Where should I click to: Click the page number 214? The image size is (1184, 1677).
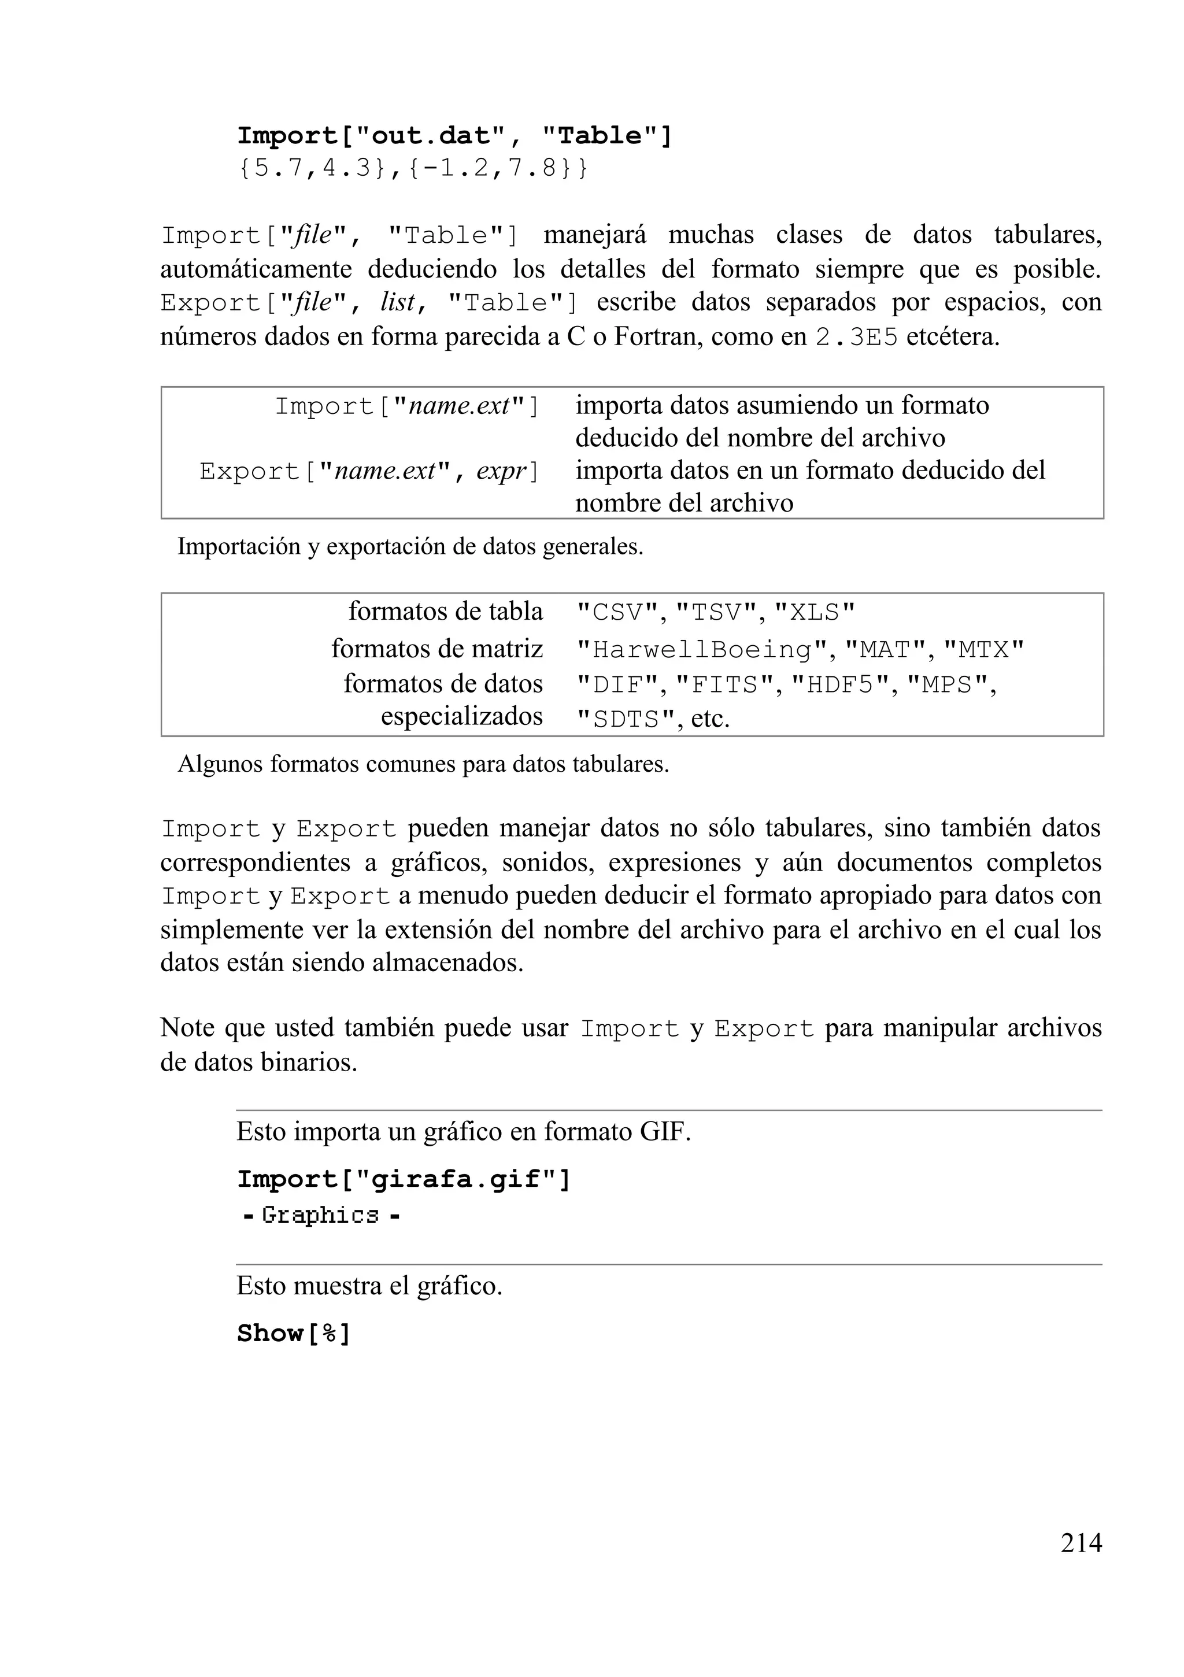pos(1081,1543)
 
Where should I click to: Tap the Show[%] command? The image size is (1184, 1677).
pos(294,1334)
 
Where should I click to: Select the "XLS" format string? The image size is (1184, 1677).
pos(813,612)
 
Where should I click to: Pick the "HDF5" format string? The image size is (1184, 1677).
pos(841,685)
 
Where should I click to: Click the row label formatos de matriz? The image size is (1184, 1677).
pos(437,649)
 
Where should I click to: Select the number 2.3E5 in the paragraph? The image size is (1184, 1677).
pos(856,338)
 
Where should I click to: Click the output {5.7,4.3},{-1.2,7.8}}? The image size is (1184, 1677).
pos(413,169)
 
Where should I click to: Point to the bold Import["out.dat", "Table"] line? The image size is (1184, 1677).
pos(454,136)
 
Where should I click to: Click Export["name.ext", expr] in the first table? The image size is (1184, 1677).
pos(369,471)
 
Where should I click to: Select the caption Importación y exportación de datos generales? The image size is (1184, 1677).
pos(410,546)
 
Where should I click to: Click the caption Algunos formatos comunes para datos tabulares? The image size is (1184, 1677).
pos(423,764)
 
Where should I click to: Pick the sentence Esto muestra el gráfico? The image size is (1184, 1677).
pos(369,1286)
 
